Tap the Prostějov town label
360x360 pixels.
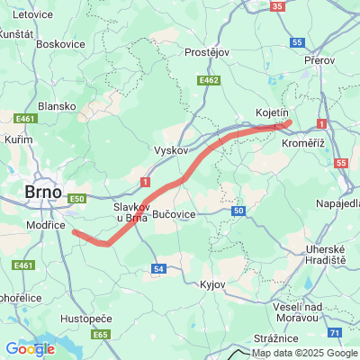click(209, 52)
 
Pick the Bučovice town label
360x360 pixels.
click(174, 215)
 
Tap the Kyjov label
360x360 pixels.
click(211, 283)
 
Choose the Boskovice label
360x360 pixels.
click(60, 43)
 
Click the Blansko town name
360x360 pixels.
click(57, 105)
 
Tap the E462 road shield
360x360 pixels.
click(210, 81)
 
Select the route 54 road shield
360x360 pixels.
click(158, 268)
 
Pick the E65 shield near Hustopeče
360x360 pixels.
click(100, 335)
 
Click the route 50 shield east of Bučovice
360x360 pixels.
click(238, 211)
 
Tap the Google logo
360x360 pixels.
click(29, 349)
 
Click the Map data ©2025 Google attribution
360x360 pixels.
click(304, 352)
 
